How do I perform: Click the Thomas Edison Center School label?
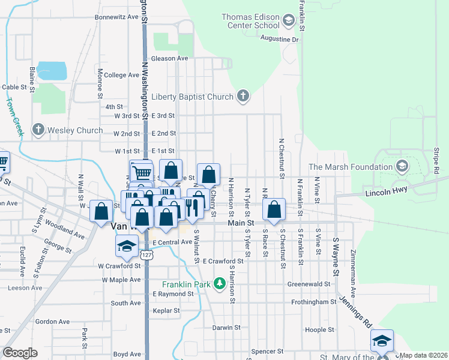click(x=250, y=21)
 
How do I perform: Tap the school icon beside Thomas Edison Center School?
click(x=288, y=21)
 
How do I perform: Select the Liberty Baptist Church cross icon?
click(x=243, y=96)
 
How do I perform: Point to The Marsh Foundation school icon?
click(x=402, y=166)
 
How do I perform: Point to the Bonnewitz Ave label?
click(x=116, y=17)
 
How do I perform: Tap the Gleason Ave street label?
click(x=170, y=58)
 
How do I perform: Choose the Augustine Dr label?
click(x=279, y=39)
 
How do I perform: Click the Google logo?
click(x=20, y=353)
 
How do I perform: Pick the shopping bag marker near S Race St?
click(x=274, y=210)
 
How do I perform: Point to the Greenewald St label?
click(x=309, y=284)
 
